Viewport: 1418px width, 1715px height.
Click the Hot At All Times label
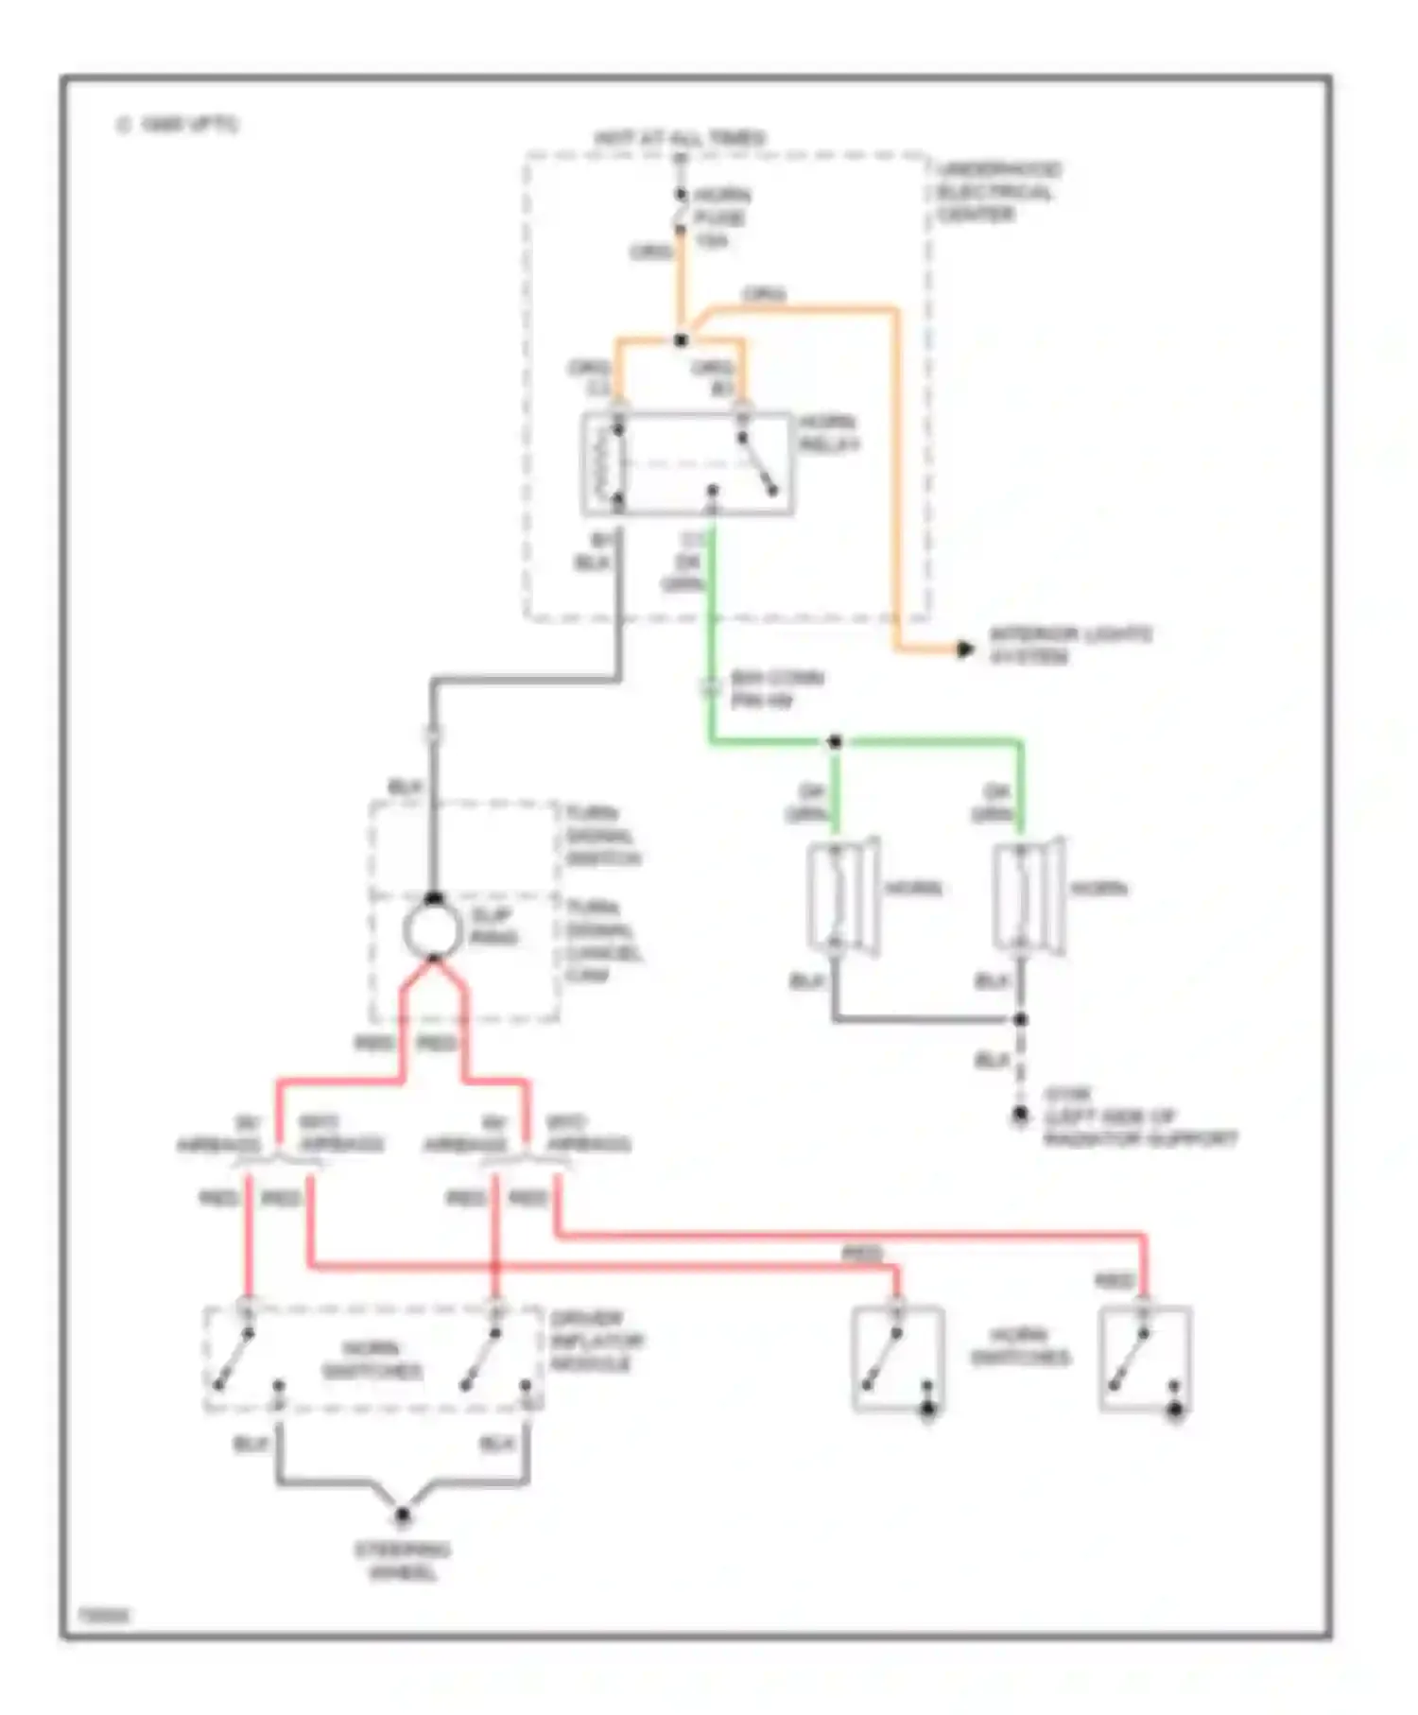coord(680,138)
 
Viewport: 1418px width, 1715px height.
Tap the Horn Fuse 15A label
coord(721,217)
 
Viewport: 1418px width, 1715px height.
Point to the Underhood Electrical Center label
coord(998,192)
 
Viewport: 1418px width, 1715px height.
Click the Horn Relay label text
coord(829,433)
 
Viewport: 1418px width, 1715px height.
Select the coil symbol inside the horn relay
coord(602,464)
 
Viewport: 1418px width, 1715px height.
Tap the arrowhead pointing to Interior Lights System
coord(964,650)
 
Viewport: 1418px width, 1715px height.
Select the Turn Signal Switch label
coord(603,836)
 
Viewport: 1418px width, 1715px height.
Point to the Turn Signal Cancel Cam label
coord(603,941)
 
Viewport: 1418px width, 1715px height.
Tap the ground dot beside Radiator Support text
coord(1020,1116)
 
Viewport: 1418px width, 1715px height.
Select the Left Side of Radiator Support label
coord(1139,1127)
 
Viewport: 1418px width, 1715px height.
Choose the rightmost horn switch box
coord(1145,1359)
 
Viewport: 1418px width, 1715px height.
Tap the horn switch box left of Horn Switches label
coord(898,1359)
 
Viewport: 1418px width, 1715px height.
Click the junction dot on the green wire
coord(835,742)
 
